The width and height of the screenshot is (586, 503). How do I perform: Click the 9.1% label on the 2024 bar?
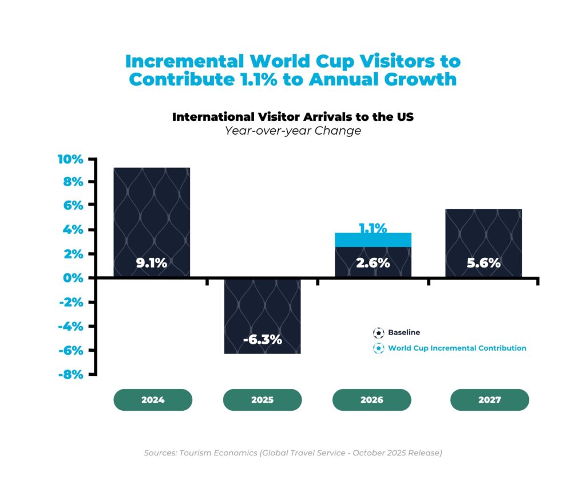(151, 263)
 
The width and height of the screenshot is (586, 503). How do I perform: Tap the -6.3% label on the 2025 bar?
(262, 339)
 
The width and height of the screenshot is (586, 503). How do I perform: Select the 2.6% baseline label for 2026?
(373, 263)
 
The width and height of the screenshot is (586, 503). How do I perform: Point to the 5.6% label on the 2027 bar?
(484, 263)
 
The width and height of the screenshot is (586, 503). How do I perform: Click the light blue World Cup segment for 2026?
(373, 240)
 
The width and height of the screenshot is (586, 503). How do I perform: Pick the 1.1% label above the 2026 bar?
(373, 228)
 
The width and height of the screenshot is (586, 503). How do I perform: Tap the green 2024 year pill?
(153, 400)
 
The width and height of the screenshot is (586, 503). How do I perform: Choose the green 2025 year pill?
(262, 400)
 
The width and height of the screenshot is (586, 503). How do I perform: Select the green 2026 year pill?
(372, 400)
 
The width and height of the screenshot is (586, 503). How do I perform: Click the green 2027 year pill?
(489, 400)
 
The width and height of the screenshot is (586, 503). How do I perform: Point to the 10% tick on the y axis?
(70, 159)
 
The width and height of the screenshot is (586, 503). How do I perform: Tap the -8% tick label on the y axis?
(70, 375)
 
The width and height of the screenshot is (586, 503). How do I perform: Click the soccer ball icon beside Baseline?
(378, 332)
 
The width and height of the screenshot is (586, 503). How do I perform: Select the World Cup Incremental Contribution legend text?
(457, 348)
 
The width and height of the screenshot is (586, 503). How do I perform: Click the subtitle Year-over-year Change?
(292, 131)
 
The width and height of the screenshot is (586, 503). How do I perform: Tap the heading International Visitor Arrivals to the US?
(292, 116)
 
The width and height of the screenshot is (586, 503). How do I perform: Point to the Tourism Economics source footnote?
(292, 453)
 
